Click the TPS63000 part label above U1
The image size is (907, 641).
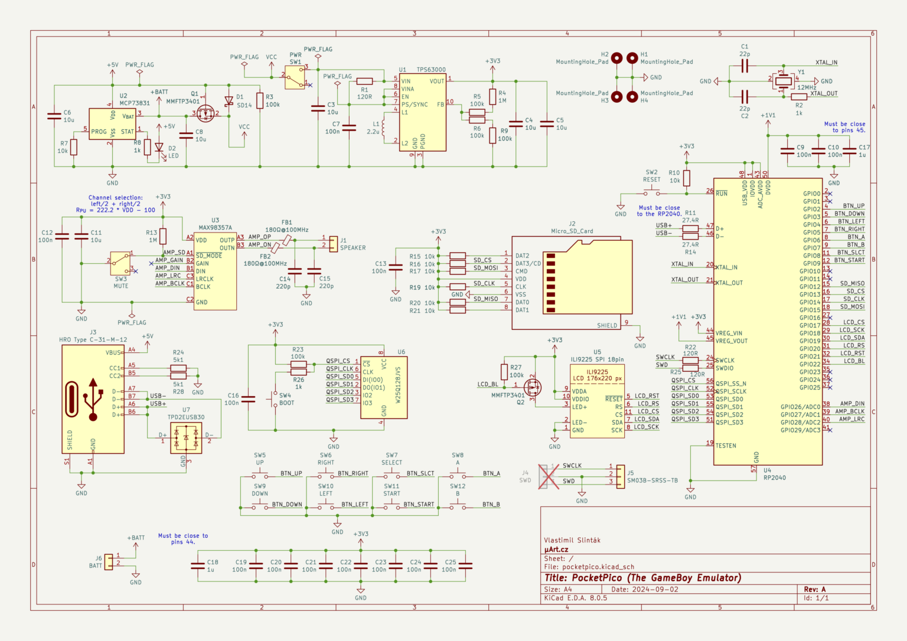[x=431, y=70]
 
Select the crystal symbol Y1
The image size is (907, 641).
[x=784, y=81]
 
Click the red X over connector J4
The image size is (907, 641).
[x=549, y=476]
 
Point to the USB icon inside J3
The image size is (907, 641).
[x=93, y=400]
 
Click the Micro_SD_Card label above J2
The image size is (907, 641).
[x=572, y=231]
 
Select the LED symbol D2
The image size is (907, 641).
[x=158, y=148]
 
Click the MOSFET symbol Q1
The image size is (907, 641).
[x=205, y=112]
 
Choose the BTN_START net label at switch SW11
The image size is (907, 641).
[x=418, y=505]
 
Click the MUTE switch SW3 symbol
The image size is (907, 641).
[x=120, y=264]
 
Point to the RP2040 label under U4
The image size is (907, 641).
[x=774, y=478]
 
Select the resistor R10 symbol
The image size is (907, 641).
[x=687, y=178]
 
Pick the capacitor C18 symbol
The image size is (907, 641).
[x=198, y=565]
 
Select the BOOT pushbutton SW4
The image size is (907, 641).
[x=275, y=399]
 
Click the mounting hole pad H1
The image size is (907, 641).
[x=632, y=58]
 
